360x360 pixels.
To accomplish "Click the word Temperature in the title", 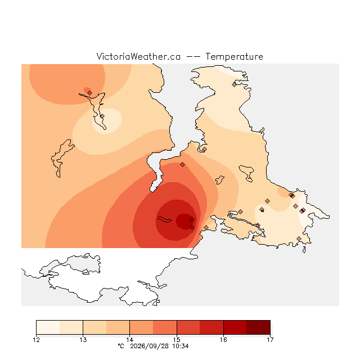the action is point(234,56).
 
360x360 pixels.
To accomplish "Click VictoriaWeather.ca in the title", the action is point(138,56).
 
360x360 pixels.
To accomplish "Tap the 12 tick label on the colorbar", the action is point(36,340).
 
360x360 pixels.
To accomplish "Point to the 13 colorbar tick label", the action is point(83,340).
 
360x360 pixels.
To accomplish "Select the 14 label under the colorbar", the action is point(130,340).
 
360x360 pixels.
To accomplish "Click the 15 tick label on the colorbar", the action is point(177,340).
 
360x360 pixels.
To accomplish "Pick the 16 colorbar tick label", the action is point(223,340).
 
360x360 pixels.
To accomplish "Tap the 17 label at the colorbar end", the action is point(270,340).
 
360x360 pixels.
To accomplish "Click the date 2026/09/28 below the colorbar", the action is point(150,346).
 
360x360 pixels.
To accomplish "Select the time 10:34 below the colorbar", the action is point(181,346).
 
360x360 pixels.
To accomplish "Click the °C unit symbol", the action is point(121,346).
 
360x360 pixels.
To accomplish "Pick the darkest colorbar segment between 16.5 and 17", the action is point(258,327).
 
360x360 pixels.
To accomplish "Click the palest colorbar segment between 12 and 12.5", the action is point(48,327).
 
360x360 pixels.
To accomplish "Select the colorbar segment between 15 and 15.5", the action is point(188,327).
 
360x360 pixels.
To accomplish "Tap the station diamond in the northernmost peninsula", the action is point(234,85).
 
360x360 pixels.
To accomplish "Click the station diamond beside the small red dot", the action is point(90,93).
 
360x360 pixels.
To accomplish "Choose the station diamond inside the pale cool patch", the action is point(102,116).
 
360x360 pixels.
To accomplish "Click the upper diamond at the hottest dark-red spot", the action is point(192,220).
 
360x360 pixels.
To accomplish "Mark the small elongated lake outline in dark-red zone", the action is point(164,219).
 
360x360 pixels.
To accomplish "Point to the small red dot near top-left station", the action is point(87,89).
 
